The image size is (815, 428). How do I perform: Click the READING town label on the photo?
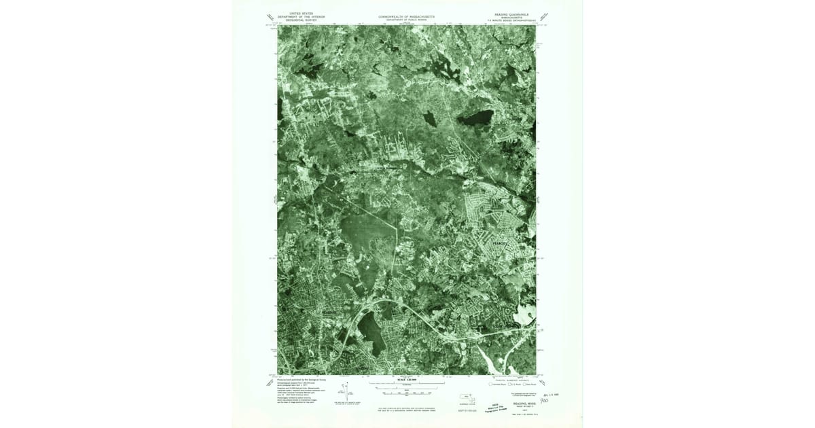tap(329, 312)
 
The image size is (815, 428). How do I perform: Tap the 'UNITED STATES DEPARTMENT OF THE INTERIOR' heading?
tap(302, 17)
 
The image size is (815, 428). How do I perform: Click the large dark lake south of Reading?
tap(370, 329)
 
